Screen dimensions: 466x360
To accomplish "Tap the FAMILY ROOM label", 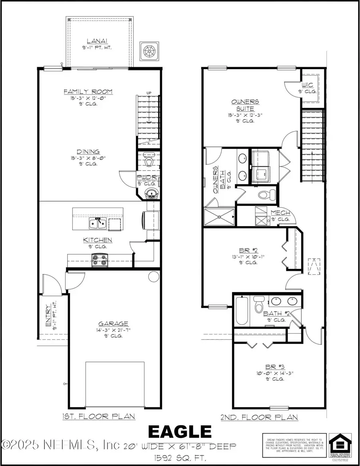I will point(88,92).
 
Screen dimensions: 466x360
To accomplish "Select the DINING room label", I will point(88,152).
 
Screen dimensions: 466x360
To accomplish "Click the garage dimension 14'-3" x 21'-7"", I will point(114,330).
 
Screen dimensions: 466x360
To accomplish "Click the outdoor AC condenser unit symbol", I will point(148,51).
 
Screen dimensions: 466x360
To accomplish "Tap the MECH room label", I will point(280,213).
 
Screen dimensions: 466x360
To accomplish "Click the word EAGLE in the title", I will point(180,432).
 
